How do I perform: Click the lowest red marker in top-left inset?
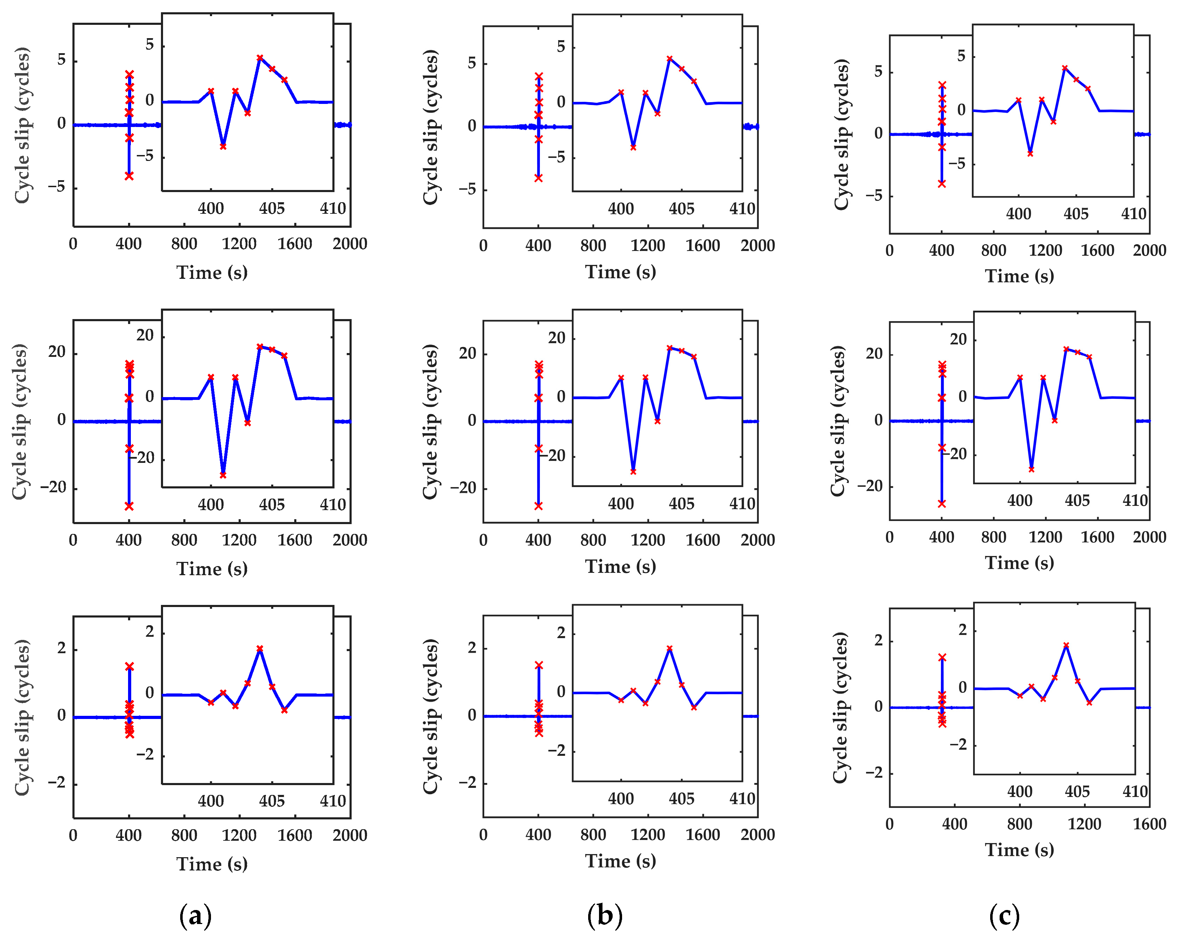point(223,146)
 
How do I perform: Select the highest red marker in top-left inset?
point(260,57)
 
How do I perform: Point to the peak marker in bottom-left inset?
point(260,649)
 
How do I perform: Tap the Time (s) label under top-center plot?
point(621,272)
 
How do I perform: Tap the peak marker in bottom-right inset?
point(1066,646)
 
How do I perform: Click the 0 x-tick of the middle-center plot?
point(483,540)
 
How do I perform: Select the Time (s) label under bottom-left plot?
point(212,864)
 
